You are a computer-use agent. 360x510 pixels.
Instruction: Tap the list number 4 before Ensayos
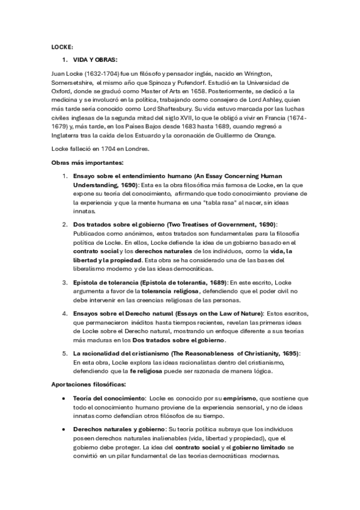(x=66, y=313)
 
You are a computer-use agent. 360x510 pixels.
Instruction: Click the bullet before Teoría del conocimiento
(x=64, y=399)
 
